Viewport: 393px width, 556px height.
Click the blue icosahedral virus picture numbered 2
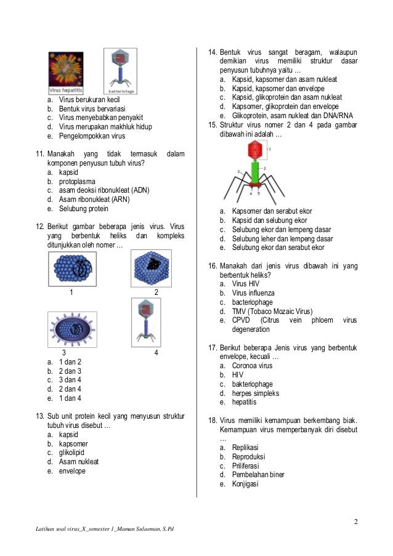click(x=151, y=268)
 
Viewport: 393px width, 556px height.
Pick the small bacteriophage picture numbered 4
click(x=145, y=320)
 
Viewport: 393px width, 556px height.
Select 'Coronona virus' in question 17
click(x=252, y=366)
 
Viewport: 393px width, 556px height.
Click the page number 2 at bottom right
click(x=355, y=523)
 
